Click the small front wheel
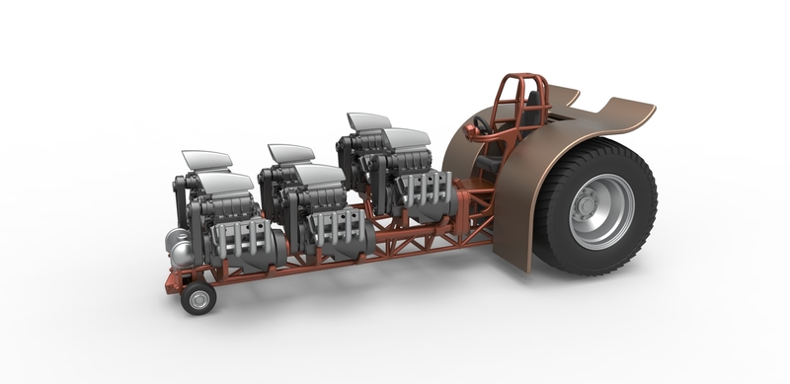pyautogui.click(x=198, y=297)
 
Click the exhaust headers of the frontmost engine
pyautogui.click(x=238, y=239)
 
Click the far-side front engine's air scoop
pyautogui.click(x=206, y=158)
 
